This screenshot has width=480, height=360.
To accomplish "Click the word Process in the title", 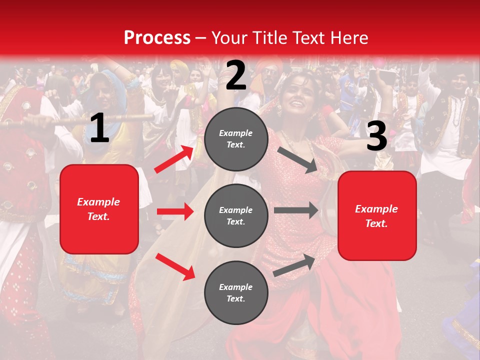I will tap(157, 38).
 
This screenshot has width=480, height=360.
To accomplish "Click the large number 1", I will tap(99, 128).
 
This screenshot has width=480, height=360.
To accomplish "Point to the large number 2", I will tap(236, 75).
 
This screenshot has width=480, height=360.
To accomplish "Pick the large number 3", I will tap(376, 136).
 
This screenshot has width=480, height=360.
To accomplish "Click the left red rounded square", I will tap(99, 209).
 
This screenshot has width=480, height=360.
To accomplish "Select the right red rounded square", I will tap(377, 216).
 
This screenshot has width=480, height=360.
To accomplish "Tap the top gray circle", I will tap(236, 139).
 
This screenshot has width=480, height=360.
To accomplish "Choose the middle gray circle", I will tap(236, 216).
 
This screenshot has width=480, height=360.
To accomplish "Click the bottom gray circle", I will tap(236, 293).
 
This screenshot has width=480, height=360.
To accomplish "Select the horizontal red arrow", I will tap(175, 211).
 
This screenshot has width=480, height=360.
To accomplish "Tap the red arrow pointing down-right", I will tap(175, 266).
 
